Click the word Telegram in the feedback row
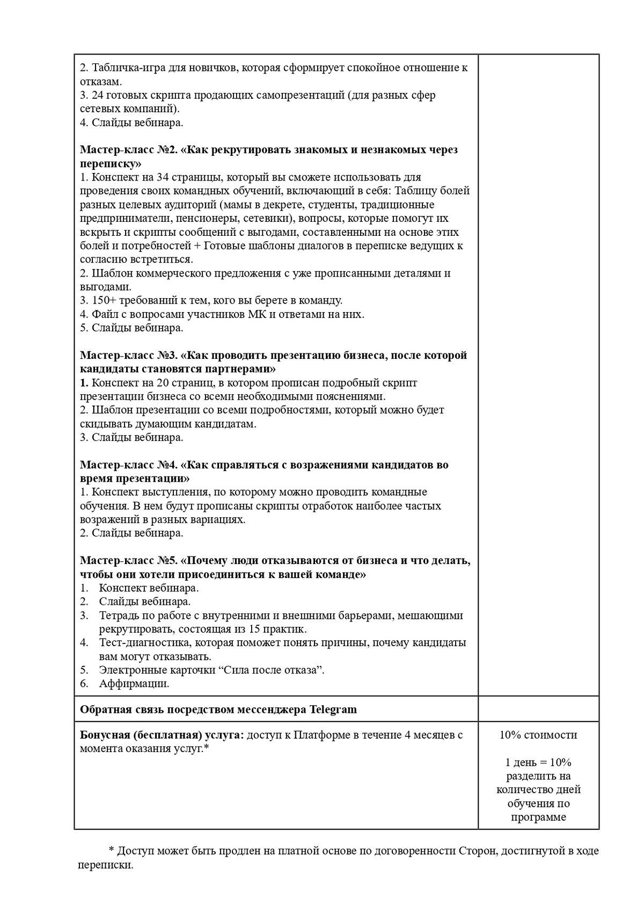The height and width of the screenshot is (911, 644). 333,710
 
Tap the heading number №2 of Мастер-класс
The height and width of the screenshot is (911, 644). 167,150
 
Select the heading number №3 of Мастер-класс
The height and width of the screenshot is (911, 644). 167,356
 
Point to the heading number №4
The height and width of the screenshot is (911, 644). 167,465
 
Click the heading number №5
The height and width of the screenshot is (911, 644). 167,561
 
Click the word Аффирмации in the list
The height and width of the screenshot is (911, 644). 134,684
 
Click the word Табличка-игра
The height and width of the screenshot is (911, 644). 127,68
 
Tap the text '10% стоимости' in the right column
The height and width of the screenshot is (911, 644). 538,735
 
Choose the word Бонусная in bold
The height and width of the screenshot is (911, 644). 104,735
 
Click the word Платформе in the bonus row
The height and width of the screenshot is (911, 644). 321,735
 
